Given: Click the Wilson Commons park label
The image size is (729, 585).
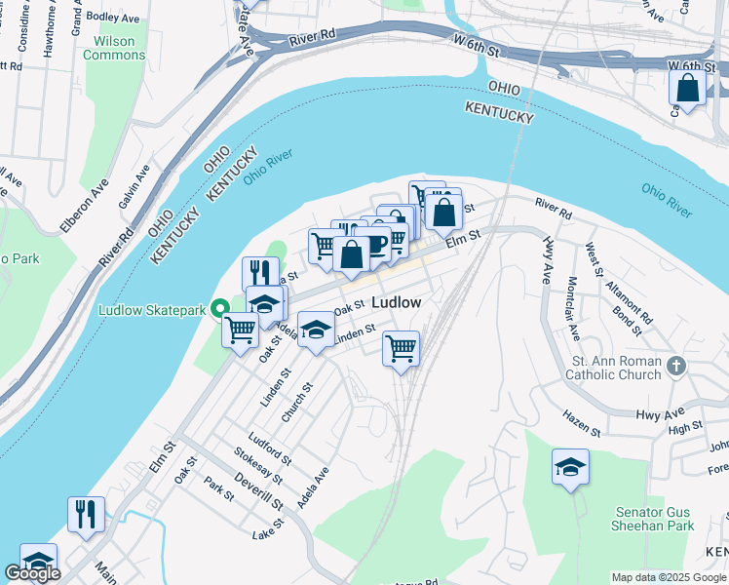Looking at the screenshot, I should coord(114,48).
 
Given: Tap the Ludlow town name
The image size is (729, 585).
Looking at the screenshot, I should coord(397,303).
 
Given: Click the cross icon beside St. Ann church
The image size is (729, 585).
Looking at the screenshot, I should coord(679,368).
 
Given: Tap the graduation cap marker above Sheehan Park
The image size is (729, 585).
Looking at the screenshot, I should coord(570,467).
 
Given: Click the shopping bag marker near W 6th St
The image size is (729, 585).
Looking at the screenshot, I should coord(687,89).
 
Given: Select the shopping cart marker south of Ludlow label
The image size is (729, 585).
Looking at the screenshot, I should coord(401,348).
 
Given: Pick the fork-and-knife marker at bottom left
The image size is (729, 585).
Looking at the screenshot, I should coord(86,515).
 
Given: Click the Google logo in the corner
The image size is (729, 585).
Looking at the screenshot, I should coord(32,573).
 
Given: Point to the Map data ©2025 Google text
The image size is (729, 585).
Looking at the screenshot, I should coord(669,577).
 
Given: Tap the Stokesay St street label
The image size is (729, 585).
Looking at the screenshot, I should coord(257,465).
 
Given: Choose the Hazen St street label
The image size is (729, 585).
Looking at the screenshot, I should coord(582,421).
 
